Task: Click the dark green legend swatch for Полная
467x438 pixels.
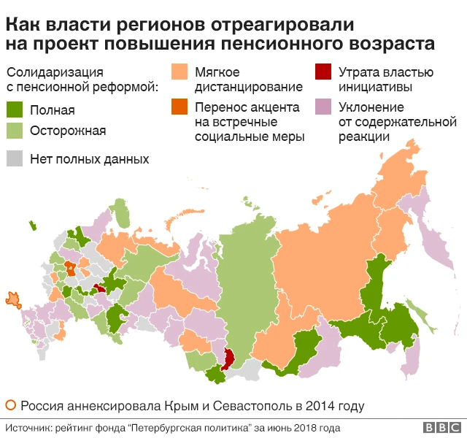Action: [x=15, y=110]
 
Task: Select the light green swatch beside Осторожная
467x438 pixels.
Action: [x=15, y=131]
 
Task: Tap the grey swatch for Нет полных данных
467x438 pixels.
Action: [x=15, y=158]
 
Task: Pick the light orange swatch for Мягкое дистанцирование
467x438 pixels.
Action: [x=180, y=72]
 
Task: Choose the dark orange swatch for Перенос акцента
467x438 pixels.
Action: [x=180, y=107]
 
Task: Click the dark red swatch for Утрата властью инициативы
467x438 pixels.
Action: [x=323, y=72]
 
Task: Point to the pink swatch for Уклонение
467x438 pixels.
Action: [x=323, y=107]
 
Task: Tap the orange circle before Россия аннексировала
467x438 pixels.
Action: [x=10, y=405]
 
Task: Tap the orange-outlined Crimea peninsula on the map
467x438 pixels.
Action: [x=12, y=298]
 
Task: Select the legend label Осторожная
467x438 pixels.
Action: [x=68, y=131]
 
